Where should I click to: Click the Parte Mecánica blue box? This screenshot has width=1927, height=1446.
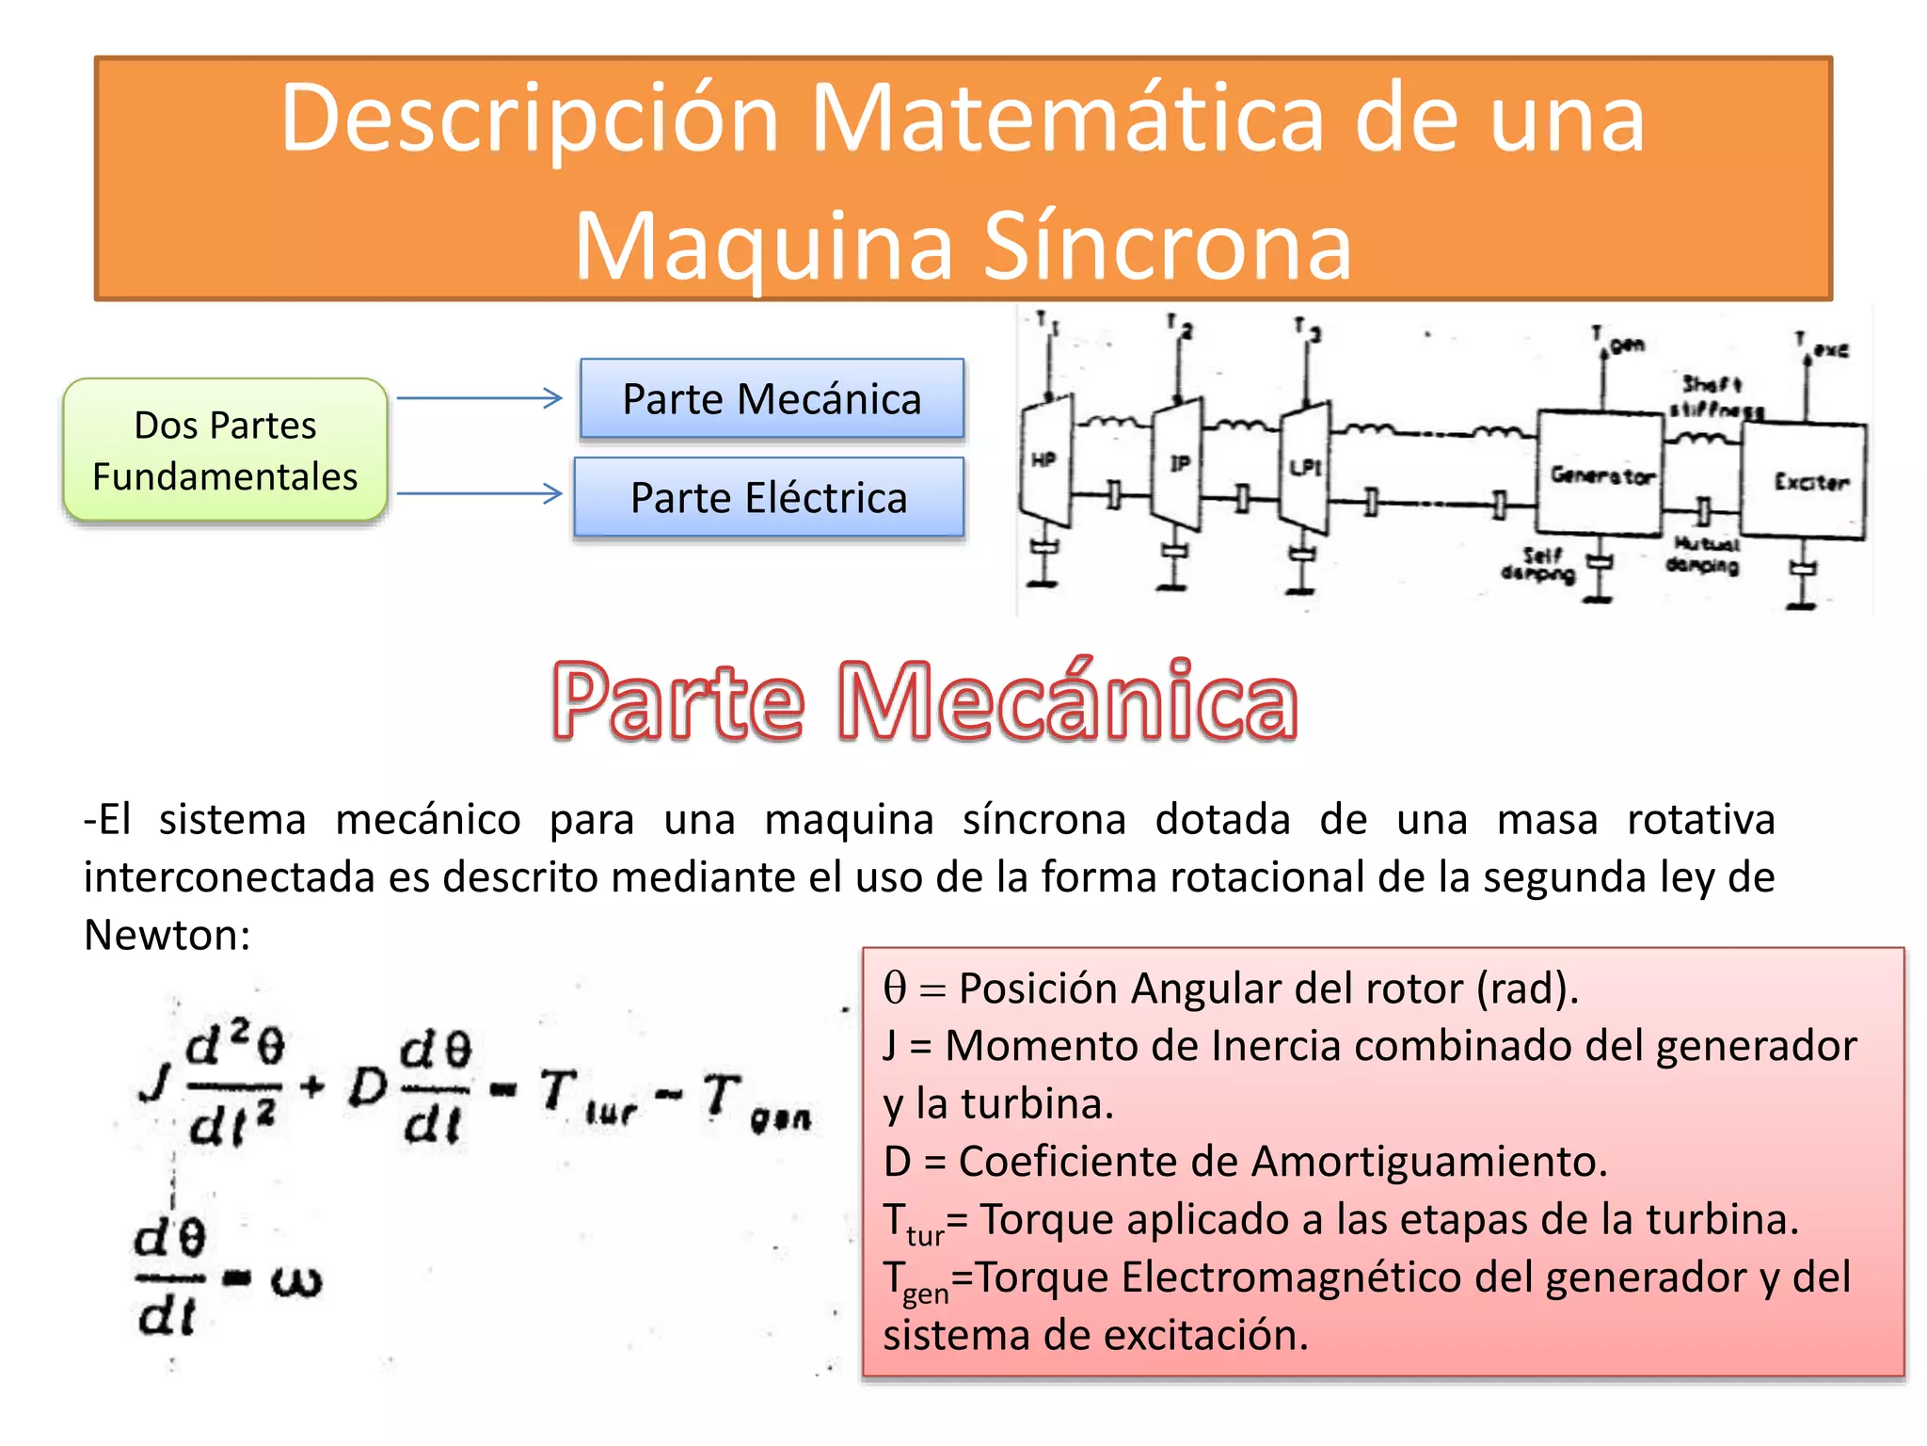[772, 399]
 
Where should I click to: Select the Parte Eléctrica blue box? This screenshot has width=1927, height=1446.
[769, 497]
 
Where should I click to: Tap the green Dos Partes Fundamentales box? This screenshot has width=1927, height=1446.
[225, 450]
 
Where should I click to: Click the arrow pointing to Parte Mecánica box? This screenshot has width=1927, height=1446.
[479, 398]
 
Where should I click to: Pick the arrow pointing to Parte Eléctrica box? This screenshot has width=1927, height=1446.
[479, 493]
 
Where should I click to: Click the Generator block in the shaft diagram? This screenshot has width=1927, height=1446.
[1601, 474]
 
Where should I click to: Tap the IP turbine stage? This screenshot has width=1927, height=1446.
[1178, 463]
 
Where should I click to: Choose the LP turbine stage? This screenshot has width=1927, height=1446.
[1305, 467]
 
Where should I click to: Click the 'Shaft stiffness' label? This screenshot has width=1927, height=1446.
[1714, 396]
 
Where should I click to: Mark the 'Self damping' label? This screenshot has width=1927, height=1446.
[1539, 564]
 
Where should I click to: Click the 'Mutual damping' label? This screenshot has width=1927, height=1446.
[1703, 555]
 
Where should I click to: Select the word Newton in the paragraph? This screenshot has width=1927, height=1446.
[167, 935]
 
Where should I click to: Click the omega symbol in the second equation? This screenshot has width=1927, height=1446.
[296, 1281]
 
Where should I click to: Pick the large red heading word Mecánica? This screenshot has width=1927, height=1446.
[1067, 701]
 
